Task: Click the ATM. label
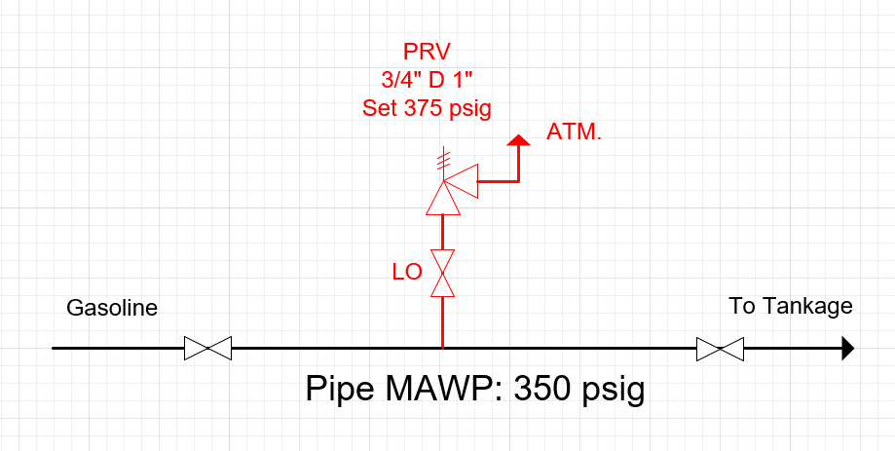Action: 574,132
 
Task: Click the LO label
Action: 407,273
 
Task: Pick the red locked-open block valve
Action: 443,273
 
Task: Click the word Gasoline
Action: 111,309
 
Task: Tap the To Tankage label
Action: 790,307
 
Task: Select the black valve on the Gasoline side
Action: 207,348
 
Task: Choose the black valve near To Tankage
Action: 721,348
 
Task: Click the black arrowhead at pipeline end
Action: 847,348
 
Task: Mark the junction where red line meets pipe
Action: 443,348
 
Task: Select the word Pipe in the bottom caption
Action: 337,390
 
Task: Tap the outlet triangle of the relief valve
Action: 466,180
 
